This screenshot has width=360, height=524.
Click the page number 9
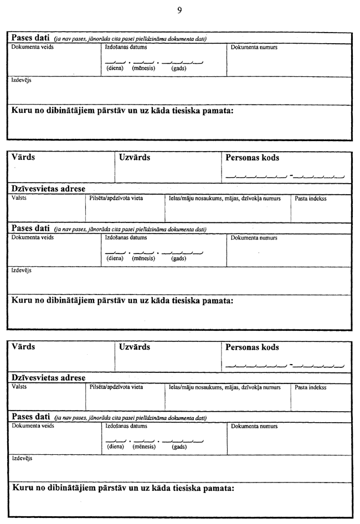pyautogui.click(x=180, y=10)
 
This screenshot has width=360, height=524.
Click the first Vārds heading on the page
pyautogui.click(x=23, y=157)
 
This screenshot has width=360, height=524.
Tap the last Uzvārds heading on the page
pyautogui.click(x=135, y=347)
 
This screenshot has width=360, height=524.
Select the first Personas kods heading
pyautogui.click(x=252, y=158)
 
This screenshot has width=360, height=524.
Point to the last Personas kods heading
pyautogui.click(x=252, y=347)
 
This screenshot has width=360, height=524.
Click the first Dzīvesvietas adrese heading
pyautogui.click(x=49, y=189)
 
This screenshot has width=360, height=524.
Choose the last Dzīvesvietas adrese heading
pyautogui.click(x=49, y=378)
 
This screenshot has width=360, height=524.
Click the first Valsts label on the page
pyautogui.click(x=19, y=198)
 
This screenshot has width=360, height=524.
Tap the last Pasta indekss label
pyautogui.click(x=311, y=387)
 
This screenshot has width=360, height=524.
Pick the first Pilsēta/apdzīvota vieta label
pyautogui.click(x=116, y=198)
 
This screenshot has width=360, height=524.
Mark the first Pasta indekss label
pyautogui.click(x=311, y=198)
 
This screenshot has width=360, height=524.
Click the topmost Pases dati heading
pyautogui.click(x=31, y=38)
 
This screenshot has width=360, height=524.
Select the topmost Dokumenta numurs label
pyautogui.click(x=254, y=48)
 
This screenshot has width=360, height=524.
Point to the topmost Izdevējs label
pyautogui.click(x=22, y=80)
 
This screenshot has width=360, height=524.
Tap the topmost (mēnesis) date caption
pyautogui.click(x=142, y=68)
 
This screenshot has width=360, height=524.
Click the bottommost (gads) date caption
pyautogui.click(x=179, y=447)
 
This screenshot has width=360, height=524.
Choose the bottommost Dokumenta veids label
pyautogui.click(x=33, y=426)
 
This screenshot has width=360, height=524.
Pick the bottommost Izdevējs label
pyautogui.click(x=22, y=458)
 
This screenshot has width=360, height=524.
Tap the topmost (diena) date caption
pyautogui.click(x=115, y=68)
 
